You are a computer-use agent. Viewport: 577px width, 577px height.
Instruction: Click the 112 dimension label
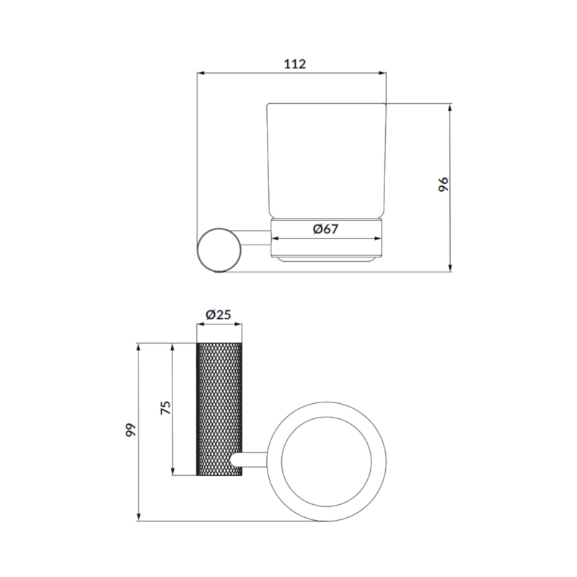pos(295,64)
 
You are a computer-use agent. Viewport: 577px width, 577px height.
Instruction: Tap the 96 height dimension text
pos(444,184)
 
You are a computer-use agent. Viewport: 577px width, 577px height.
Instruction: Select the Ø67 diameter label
pos(325,229)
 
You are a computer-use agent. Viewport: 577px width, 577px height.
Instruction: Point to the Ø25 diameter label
pos(219,314)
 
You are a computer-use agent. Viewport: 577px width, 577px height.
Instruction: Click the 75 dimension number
pos(166,408)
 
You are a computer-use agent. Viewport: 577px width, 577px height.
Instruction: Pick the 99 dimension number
pos(131,430)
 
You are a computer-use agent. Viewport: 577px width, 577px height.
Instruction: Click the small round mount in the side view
pos(219,250)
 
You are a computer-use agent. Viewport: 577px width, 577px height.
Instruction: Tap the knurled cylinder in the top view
pos(219,409)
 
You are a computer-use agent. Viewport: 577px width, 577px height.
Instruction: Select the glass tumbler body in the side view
pos(326,161)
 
